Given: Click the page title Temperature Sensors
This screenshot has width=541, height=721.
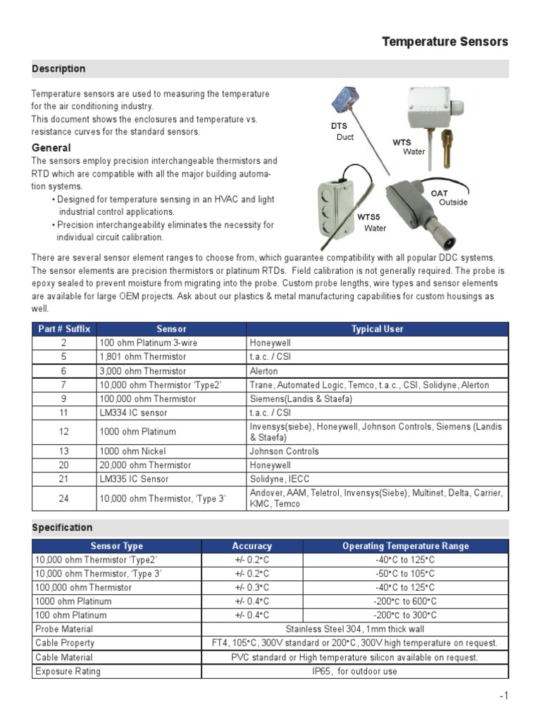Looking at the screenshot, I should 444,42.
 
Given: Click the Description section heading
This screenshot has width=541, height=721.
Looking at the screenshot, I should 58,68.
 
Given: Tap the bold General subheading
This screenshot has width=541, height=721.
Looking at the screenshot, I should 51,148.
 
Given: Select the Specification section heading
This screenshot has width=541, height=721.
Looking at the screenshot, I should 62,527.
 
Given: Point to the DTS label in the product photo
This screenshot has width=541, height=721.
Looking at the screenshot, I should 340,126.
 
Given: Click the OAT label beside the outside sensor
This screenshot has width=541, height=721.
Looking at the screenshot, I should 440,193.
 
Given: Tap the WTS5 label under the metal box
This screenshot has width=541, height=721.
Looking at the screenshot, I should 368,217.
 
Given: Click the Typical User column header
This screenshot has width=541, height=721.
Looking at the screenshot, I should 377,329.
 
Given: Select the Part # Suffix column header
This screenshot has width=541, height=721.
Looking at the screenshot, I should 64,329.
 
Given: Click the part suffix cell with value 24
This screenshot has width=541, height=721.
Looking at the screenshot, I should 63,499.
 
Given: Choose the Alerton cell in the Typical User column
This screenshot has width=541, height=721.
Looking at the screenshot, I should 263,371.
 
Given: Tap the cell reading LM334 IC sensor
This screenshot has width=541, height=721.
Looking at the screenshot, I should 134,413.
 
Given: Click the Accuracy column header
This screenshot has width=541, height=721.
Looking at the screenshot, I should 251,546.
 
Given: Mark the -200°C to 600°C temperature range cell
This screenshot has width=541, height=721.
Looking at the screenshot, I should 405,601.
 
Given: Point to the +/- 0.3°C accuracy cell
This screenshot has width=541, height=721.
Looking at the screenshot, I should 251,587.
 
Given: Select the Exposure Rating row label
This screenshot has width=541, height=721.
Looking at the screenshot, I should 68,671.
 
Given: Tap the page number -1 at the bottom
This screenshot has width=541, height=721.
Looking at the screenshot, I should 503,696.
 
